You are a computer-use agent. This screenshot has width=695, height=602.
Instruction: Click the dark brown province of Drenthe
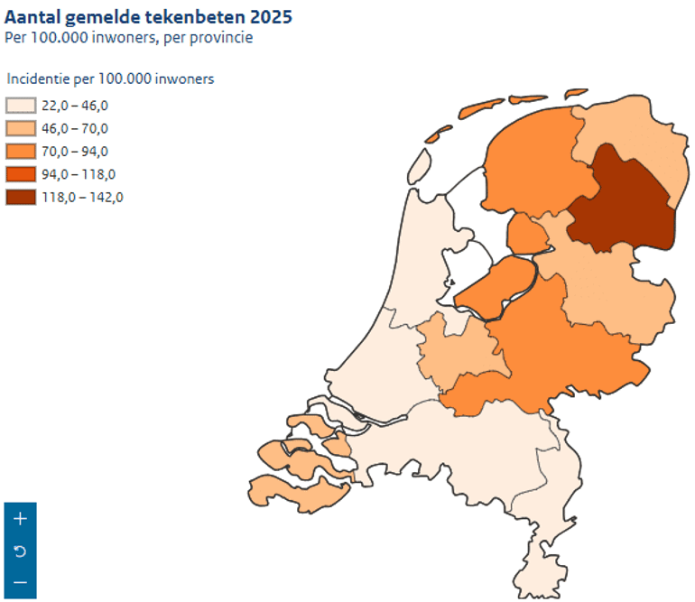point(623,203)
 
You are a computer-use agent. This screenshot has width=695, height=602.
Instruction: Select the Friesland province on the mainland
point(528,167)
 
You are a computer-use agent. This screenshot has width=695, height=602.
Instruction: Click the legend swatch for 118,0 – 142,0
point(20,198)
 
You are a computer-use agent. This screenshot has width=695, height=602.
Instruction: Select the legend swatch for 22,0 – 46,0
point(20,106)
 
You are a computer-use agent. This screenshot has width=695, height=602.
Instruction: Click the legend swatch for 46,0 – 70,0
point(20,129)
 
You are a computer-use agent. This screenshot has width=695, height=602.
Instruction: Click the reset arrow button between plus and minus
point(20,551)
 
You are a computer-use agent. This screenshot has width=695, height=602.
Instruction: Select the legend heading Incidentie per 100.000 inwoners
point(109,79)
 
